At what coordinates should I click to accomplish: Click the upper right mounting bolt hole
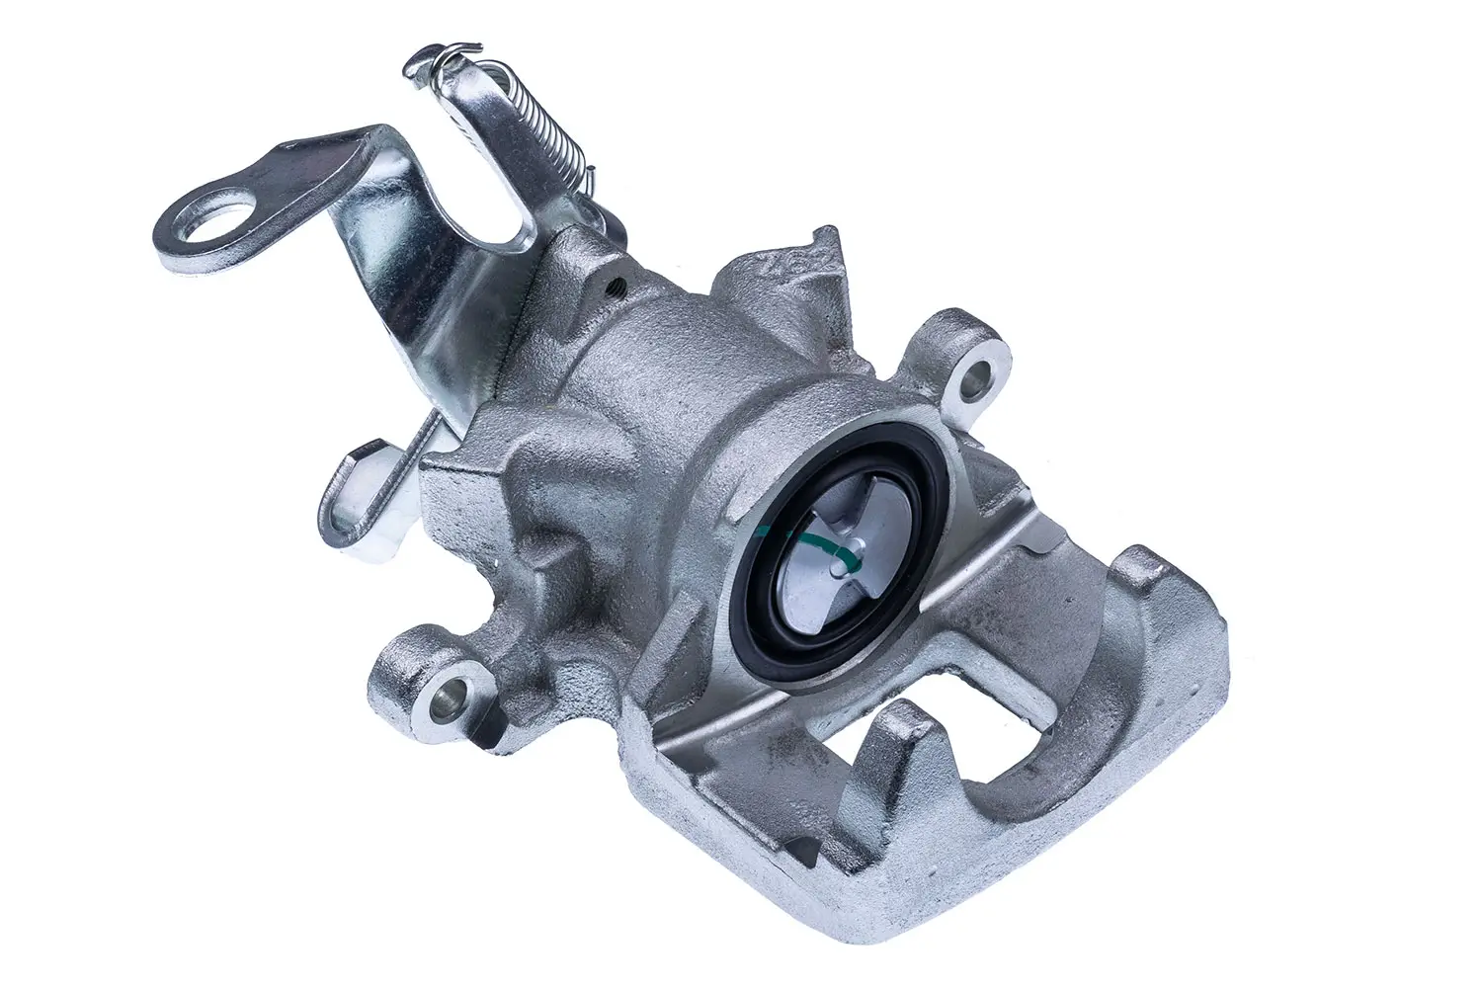(x=977, y=375)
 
